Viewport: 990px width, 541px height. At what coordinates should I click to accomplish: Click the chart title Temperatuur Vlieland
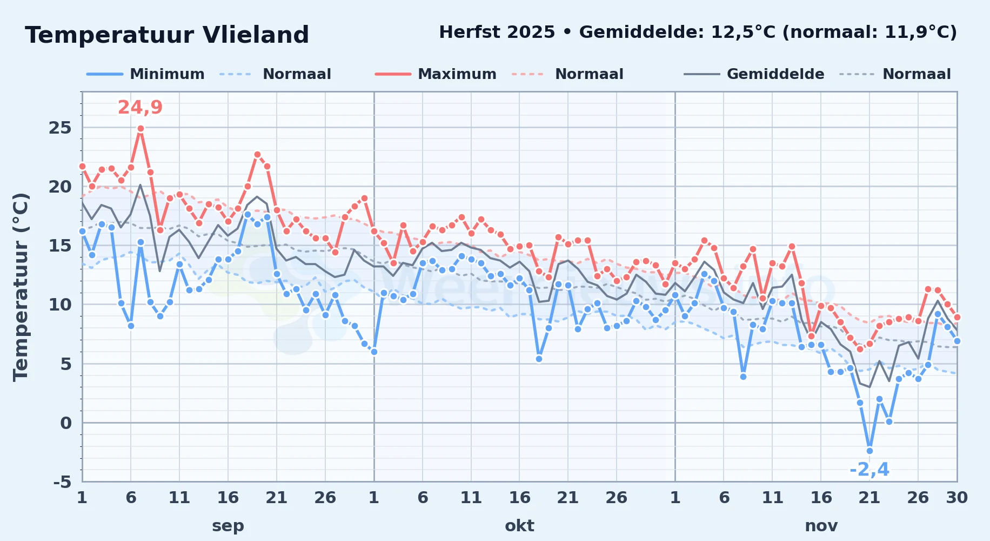[x=167, y=35]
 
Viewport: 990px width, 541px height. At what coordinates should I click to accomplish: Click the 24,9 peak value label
[x=140, y=107]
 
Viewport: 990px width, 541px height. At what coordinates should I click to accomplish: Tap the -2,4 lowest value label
[x=869, y=470]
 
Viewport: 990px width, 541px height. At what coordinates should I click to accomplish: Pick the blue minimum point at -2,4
[x=869, y=451]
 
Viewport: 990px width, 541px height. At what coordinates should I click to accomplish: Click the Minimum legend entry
[x=145, y=74]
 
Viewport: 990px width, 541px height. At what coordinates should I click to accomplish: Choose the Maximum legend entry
[x=436, y=74]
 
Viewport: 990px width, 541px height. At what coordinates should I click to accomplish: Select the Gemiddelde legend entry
[x=754, y=74]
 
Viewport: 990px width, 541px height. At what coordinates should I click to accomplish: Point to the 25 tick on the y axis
[x=60, y=128]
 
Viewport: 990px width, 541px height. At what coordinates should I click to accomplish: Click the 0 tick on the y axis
[x=66, y=423]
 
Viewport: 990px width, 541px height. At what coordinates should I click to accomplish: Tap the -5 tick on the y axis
[x=62, y=482]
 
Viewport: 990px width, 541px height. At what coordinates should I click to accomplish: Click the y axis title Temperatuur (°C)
[x=21, y=287]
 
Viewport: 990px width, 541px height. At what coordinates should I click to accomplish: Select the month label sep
[x=228, y=525]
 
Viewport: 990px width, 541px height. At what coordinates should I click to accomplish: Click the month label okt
[x=519, y=525]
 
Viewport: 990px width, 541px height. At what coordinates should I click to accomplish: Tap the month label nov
[x=821, y=525]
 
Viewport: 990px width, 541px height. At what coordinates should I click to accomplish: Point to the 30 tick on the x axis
[x=957, y=498]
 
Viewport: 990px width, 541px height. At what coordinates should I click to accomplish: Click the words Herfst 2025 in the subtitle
[x=497, y=32]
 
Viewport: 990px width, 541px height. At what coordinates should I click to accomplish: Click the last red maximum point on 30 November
[x=957, y=318]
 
